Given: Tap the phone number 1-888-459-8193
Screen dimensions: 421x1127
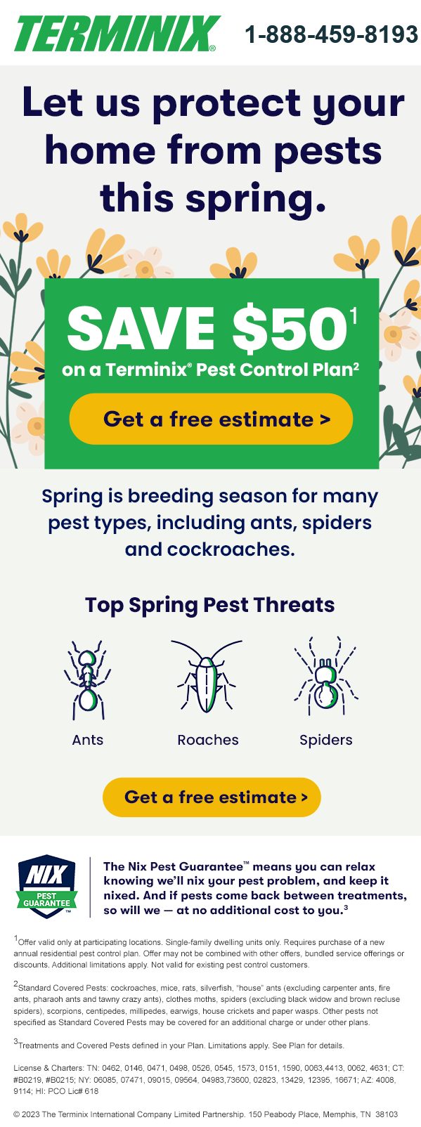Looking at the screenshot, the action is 332,34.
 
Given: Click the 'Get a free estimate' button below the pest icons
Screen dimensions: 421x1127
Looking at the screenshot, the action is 212,797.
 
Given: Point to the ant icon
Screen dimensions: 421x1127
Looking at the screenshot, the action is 87,679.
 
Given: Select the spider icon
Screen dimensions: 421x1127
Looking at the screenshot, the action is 326,676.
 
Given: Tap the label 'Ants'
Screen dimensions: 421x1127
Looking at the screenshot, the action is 88,740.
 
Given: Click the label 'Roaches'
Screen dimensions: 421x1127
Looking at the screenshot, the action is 208,740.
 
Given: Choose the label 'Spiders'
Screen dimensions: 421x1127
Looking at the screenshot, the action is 326,740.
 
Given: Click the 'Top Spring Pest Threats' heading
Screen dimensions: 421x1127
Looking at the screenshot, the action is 209,605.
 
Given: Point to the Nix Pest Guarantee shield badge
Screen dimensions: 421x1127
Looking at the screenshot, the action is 47,886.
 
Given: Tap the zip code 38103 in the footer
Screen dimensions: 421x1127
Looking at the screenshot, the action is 387,1114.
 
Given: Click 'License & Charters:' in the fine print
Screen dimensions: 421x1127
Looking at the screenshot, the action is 48,1068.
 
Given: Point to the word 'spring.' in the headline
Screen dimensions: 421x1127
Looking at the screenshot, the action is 257,200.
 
